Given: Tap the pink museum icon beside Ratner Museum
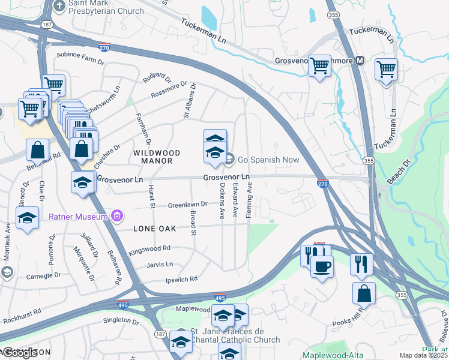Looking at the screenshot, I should coord(117,215).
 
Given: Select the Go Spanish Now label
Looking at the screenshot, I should coord(268,159).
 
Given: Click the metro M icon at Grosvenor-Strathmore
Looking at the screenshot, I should coord(360,61).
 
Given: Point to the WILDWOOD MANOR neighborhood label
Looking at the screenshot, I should coord(152,157).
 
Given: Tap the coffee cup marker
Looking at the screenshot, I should coord(322,266).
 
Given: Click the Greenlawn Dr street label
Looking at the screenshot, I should coord(187,204).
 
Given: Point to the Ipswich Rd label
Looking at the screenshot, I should coord(182,279).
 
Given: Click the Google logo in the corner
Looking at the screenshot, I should coord(20,353).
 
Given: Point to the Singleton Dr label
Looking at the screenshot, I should coord(121,320).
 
